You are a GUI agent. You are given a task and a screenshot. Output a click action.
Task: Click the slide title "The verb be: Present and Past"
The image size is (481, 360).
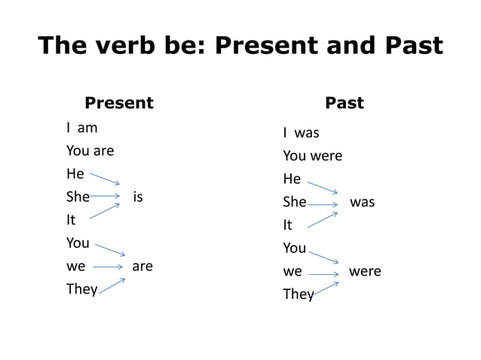click(x=240, y=45)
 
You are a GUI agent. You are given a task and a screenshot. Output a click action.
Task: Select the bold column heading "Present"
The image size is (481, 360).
click(x=118, y=103)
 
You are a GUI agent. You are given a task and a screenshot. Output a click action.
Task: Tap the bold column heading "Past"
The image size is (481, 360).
click(x=344, y=103)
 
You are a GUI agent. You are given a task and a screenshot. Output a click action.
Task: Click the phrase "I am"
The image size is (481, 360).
click(x=82, y=128)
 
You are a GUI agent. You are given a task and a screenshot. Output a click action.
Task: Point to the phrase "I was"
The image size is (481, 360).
click(x=301, y=133)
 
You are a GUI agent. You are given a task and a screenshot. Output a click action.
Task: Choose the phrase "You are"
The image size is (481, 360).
click(x=90, y=151)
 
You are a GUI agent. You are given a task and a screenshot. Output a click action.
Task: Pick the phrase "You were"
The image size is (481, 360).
click(x=312, y=156)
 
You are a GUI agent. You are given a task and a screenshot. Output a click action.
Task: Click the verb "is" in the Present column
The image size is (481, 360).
click(x=138, y=197)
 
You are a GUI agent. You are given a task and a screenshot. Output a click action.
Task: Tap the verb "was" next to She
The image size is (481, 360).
click(x=362, y=203)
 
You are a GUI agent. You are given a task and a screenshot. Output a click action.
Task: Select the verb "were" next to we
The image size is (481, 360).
click(x=365, y=271)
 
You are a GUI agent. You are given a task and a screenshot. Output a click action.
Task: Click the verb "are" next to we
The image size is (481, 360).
click(x=142, y=266)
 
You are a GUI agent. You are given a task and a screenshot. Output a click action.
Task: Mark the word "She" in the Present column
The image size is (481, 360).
click(x=78, y=197)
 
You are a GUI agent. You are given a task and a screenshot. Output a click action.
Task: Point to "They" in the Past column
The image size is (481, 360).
click(x=298, y=294)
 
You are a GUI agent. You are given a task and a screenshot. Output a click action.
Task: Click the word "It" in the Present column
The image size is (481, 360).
click(x=71, y=220)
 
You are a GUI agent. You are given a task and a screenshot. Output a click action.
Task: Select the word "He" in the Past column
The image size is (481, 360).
click(x=292, y=179)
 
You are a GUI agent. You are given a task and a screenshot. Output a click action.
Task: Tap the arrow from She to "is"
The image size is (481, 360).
click(x=105, y=197)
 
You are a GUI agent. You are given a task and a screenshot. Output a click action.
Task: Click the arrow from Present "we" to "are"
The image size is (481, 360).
click(x=108, y=267)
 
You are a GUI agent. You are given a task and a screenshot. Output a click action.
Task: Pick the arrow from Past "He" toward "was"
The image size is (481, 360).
click(x=323, y=188)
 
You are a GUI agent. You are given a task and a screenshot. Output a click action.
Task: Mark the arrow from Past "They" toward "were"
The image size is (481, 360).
click(x=325, y=288)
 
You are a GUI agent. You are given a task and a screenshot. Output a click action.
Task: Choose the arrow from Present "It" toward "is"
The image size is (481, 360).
click(x=105, y=211)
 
